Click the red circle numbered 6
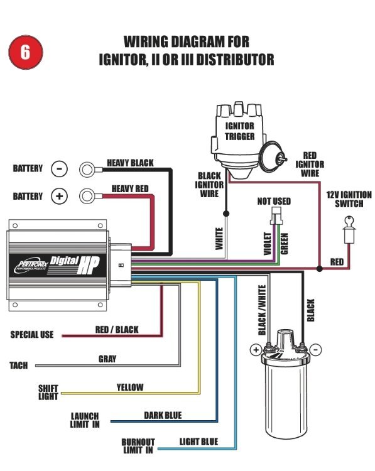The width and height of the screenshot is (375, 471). point(26,52)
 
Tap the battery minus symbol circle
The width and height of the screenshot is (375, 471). point(59,169)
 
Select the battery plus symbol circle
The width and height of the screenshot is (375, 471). point(59,196)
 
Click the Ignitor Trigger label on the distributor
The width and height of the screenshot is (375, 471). point(239,131)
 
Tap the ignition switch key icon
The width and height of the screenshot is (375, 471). point(349,229)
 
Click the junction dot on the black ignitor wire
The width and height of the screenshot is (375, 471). point(226,214)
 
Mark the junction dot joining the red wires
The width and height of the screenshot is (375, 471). point(320,269)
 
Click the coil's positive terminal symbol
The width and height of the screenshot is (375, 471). point(256,350)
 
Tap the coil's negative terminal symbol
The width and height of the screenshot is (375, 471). point(315,350)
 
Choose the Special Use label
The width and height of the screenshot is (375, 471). point(32,335)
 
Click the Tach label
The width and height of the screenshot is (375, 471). point(19,365)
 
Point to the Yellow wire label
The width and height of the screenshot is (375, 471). point(130,387)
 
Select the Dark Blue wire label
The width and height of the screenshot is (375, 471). point(163,416)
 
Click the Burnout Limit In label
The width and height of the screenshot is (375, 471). point(138,446)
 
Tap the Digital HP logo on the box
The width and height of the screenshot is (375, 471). point(74,264)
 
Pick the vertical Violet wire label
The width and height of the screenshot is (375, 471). point(268,244)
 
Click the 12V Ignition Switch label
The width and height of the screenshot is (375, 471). point(349,200)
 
